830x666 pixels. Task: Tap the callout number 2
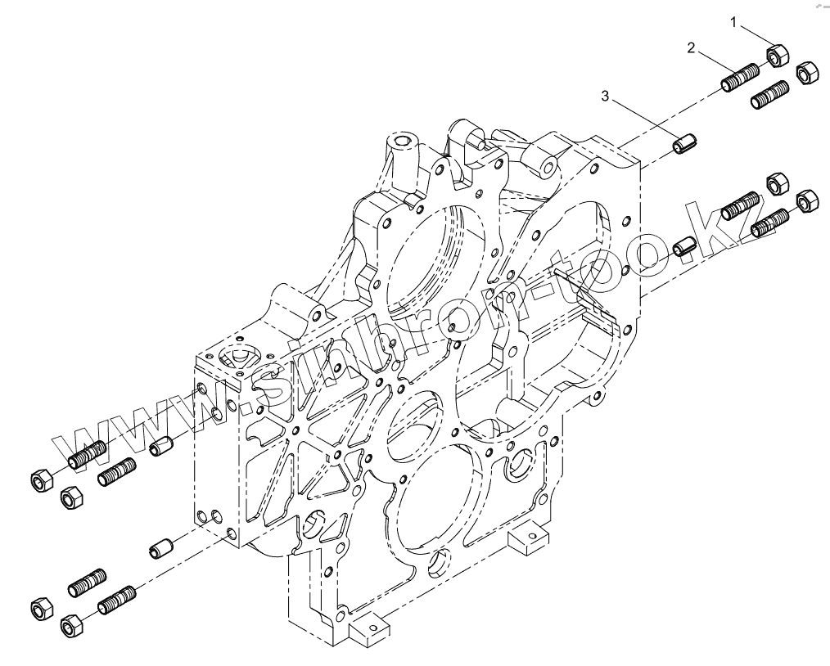tap(692, 48)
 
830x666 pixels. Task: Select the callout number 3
tap(606, 97)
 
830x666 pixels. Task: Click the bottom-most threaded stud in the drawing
tap(116, 601)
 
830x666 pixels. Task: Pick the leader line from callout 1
tap(756, 38)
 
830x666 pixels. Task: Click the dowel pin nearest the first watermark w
tap(162, 447)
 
